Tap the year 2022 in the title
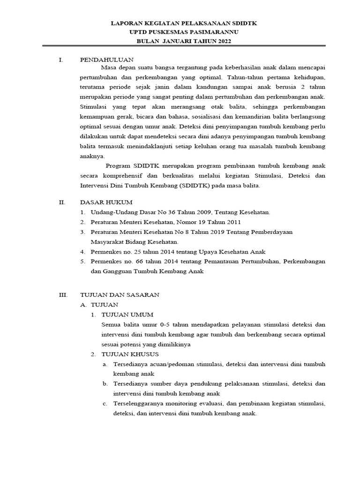point(223,41)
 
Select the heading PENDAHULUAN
point(107,60)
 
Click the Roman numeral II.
point(61,202)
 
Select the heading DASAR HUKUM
point(106,202)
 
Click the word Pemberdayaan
point(277,232)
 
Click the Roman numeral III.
point(63,295)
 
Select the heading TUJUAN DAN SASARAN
point(120,295)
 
